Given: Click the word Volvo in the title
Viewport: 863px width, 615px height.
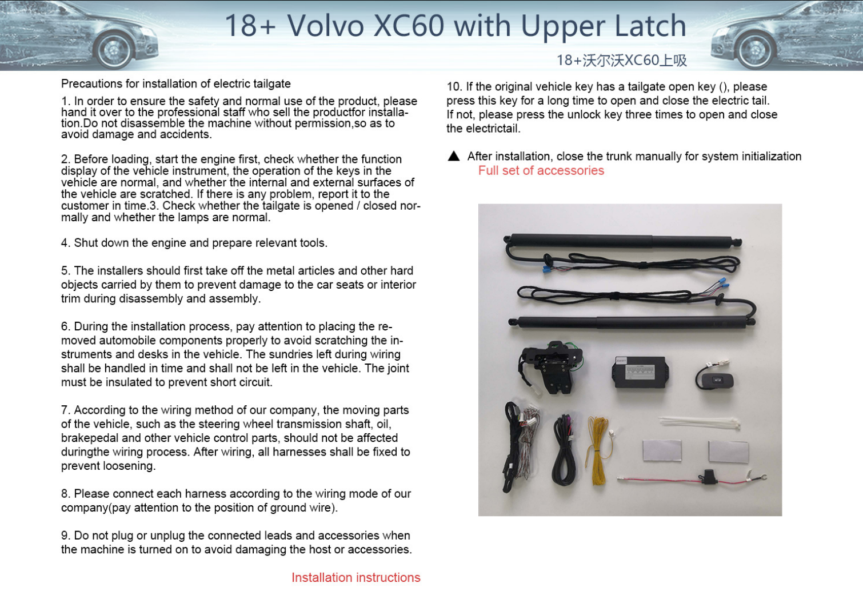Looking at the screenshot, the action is [326, 26].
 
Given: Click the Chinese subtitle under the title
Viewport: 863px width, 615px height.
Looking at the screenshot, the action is [621, 60].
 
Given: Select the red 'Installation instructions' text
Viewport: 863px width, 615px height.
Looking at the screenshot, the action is [355, 577].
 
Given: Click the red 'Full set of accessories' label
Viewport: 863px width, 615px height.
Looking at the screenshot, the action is [541, 170].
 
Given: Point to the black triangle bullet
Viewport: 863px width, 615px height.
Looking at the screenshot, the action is [454, 156].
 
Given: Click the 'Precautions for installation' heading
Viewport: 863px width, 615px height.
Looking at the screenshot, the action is [175, 83].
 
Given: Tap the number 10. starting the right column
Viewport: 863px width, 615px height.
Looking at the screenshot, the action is [454, 87].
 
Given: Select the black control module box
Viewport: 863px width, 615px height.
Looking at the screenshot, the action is [640, 373].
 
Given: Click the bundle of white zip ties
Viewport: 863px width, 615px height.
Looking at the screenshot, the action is [700, 423].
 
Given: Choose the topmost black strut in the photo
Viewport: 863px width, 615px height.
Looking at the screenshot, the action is [622, 241].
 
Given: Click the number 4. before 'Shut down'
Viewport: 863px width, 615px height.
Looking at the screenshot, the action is [66, 243].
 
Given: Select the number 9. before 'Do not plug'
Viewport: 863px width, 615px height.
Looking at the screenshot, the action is [66, 535].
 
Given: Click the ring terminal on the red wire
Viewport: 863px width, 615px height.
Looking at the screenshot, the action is [759, 477].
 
